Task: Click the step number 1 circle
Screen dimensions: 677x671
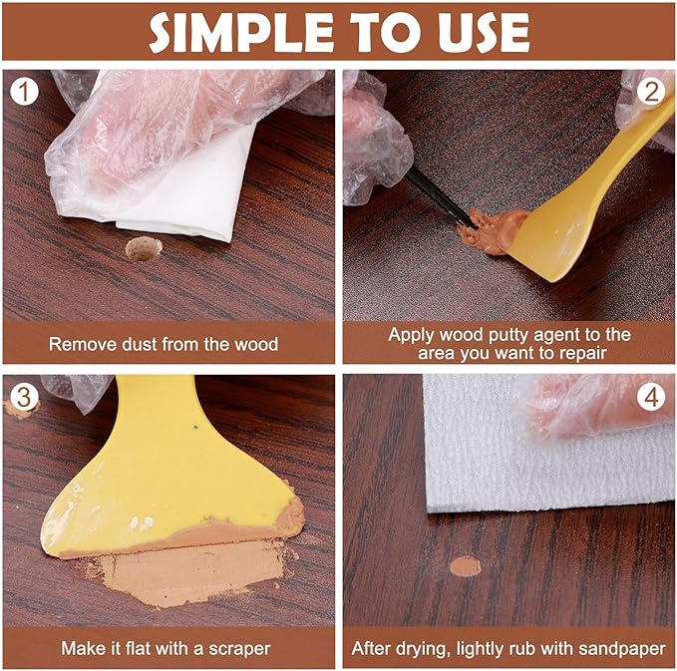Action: pos(24,92)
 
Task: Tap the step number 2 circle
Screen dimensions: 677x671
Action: pos(651,92)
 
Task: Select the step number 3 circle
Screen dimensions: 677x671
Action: pos(24,397)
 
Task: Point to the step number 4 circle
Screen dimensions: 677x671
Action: pos(651,397)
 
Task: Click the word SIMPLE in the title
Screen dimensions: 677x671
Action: pos(241,33)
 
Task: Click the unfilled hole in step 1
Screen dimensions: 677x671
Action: pos(144,248)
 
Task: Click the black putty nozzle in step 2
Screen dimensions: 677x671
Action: pos(441,197)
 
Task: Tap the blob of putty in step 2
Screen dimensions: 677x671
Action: pos(493,230)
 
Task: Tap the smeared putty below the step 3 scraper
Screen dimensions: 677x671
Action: pos(190,572)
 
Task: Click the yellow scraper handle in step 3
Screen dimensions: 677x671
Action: pos(157,415)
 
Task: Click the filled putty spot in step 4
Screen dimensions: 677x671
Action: pos(466,566)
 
